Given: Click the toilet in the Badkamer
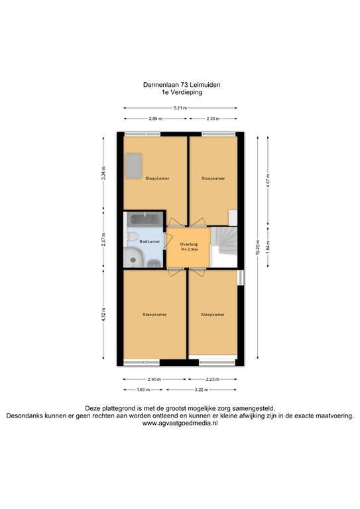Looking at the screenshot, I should [133, 239].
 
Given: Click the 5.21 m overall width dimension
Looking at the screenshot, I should [180, 108].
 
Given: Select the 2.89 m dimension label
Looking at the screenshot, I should [155, 118].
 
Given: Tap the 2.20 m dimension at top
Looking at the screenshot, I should [213, 118].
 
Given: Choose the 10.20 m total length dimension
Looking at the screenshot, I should [257, 247].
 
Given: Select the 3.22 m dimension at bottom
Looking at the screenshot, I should [202, 390].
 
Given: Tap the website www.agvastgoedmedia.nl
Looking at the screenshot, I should [180, 424].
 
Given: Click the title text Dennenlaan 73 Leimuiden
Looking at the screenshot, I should [180, 84].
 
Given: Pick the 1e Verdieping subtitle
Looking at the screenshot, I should [180, 93].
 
